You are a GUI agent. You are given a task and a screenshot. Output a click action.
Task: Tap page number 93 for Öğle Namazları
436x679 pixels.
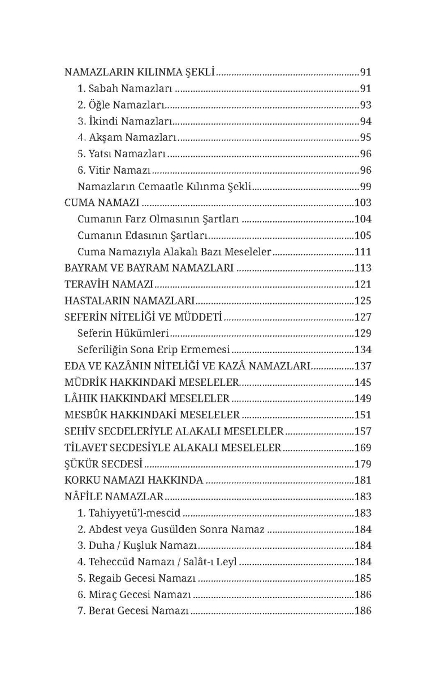click(x=365, y=105)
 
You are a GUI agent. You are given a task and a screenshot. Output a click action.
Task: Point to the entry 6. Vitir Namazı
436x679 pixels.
click(x=115, y=170)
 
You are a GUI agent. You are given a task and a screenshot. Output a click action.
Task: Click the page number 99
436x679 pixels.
click(x=365, y=187)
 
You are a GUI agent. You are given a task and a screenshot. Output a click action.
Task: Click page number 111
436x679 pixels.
click(x=362, y=252)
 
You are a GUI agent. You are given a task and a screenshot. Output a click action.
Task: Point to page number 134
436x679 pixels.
click(x=362, y=350)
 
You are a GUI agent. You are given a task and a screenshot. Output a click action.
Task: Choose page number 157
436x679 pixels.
click(x=362, y=431)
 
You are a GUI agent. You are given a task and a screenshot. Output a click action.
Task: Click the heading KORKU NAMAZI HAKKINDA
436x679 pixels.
click(x=134, y=480)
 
